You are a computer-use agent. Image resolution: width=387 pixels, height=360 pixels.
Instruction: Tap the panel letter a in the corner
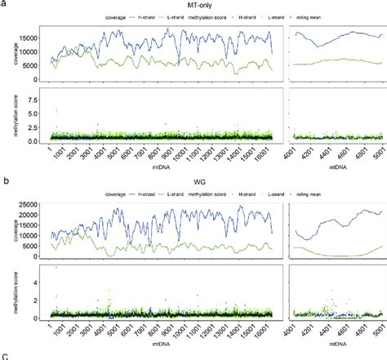pos(4,4)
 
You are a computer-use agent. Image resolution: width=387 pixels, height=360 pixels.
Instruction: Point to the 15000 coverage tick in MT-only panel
pos(29,38)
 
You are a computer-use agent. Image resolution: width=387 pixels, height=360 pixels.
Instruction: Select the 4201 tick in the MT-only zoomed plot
pos(314,151)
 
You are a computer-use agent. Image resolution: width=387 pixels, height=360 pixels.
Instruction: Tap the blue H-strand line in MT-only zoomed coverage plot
pos(335,34)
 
